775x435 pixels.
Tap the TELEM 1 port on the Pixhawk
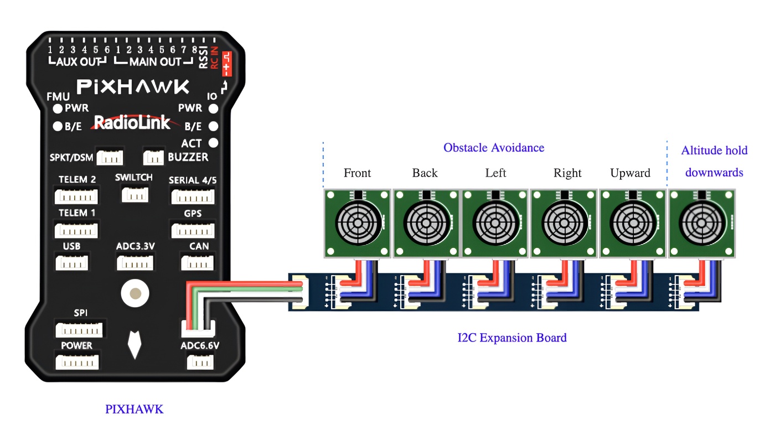click(x=76, y=230)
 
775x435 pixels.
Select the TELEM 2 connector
click(x=76, y=196)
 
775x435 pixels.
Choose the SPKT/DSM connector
click(x=110, y=158)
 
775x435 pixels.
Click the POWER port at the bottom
click(x=77, y=362)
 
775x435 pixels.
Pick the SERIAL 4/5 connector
click(x=193, y=196)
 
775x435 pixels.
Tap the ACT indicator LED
click(x=213, y=143)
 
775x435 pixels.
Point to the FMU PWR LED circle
click(x=57, y=108)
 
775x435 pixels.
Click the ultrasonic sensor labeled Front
click(x=358, y=224)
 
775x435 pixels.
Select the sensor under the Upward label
click(x=633, y=224)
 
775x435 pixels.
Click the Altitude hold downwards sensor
click(x=702, y=224)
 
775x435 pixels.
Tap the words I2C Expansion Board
click(x=512, y=338)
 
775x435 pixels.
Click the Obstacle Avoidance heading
click(x=494, y=148)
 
